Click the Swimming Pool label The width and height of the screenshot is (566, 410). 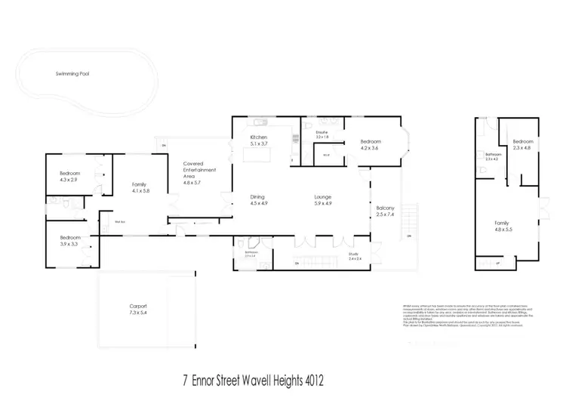point(72,74)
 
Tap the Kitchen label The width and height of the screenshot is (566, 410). point(259,137)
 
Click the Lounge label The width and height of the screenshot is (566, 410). point(323,197)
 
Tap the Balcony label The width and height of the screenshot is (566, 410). point(385,209)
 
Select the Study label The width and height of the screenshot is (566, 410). point(353,254)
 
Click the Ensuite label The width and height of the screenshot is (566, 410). point(323,132)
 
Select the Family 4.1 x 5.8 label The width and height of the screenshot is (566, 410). point(140,188)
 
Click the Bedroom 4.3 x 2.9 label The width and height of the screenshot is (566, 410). point(70,176)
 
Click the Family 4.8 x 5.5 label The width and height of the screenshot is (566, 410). point(502,224)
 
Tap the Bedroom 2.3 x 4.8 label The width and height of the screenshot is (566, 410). point(523,145)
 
